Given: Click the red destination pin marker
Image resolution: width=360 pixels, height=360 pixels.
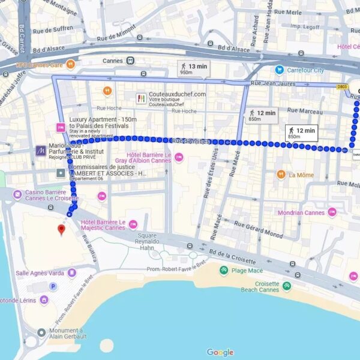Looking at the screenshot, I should pos(61,230).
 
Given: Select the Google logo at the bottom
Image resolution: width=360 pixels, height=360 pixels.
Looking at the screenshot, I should pos(220,352).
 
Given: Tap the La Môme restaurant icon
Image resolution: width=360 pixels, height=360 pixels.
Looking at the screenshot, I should pos(281,175).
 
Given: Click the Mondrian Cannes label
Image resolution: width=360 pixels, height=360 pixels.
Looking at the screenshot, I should pos(301,212).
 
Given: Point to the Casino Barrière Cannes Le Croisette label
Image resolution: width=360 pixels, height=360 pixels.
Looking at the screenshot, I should pos(51,196).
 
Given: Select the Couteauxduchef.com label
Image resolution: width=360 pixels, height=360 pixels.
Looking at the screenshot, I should pos(177,94).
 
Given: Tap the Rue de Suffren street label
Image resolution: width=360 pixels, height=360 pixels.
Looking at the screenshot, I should pos(55,28).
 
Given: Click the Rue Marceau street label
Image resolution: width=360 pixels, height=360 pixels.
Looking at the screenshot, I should pos(305,110).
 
